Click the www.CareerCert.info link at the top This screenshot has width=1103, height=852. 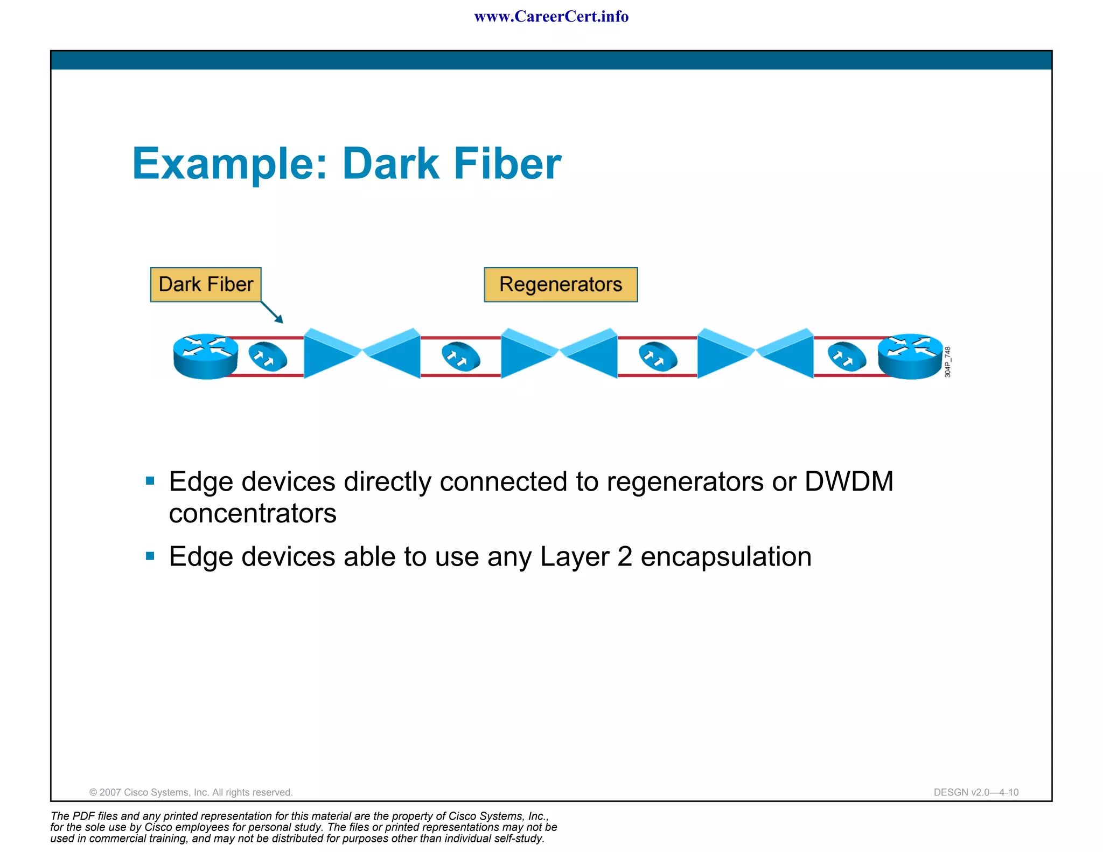tap(551, 17)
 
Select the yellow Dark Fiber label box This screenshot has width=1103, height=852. tap(206, 284)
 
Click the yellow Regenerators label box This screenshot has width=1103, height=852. tap(560, 284)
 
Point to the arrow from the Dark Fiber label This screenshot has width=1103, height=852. tap(273, 313)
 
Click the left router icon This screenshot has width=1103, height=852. tap(206, 356)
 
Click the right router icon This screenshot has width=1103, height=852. tap(910, 356)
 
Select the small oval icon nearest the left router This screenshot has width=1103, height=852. tap(268, 357)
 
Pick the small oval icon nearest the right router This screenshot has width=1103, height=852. tap(847, 357)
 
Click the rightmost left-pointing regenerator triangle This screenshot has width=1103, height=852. tap(788, 353)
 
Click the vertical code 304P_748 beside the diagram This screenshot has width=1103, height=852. tap(948, 362)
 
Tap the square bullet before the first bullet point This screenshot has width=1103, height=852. tap(150, 481)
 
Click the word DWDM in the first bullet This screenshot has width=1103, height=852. tap(849, 481)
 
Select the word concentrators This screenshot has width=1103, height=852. tap(253, 513)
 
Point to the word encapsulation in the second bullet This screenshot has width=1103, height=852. tap(725, 556)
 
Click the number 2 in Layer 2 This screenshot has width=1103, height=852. tap(625, 556)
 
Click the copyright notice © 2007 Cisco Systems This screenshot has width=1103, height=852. tap(191, 792)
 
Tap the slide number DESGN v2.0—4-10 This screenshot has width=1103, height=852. tap(976, 792)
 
